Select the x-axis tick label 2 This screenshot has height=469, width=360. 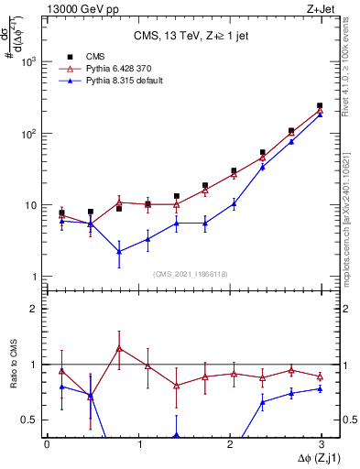click(x=230, y=443)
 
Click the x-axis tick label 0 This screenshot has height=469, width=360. click(x=47, y=443)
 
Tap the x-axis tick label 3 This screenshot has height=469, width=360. click(x=322, y=443)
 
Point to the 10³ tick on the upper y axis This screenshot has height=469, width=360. click(x=26, y=62)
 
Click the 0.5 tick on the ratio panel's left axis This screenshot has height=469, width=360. click(x=27, y=420)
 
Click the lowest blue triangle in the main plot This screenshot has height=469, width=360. click(x=119, y=251)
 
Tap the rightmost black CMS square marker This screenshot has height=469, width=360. click(x=320, y=105)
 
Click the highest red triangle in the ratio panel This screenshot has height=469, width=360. click(x=119, y=348)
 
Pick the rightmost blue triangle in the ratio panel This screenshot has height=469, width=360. click(x=320, y=388)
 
